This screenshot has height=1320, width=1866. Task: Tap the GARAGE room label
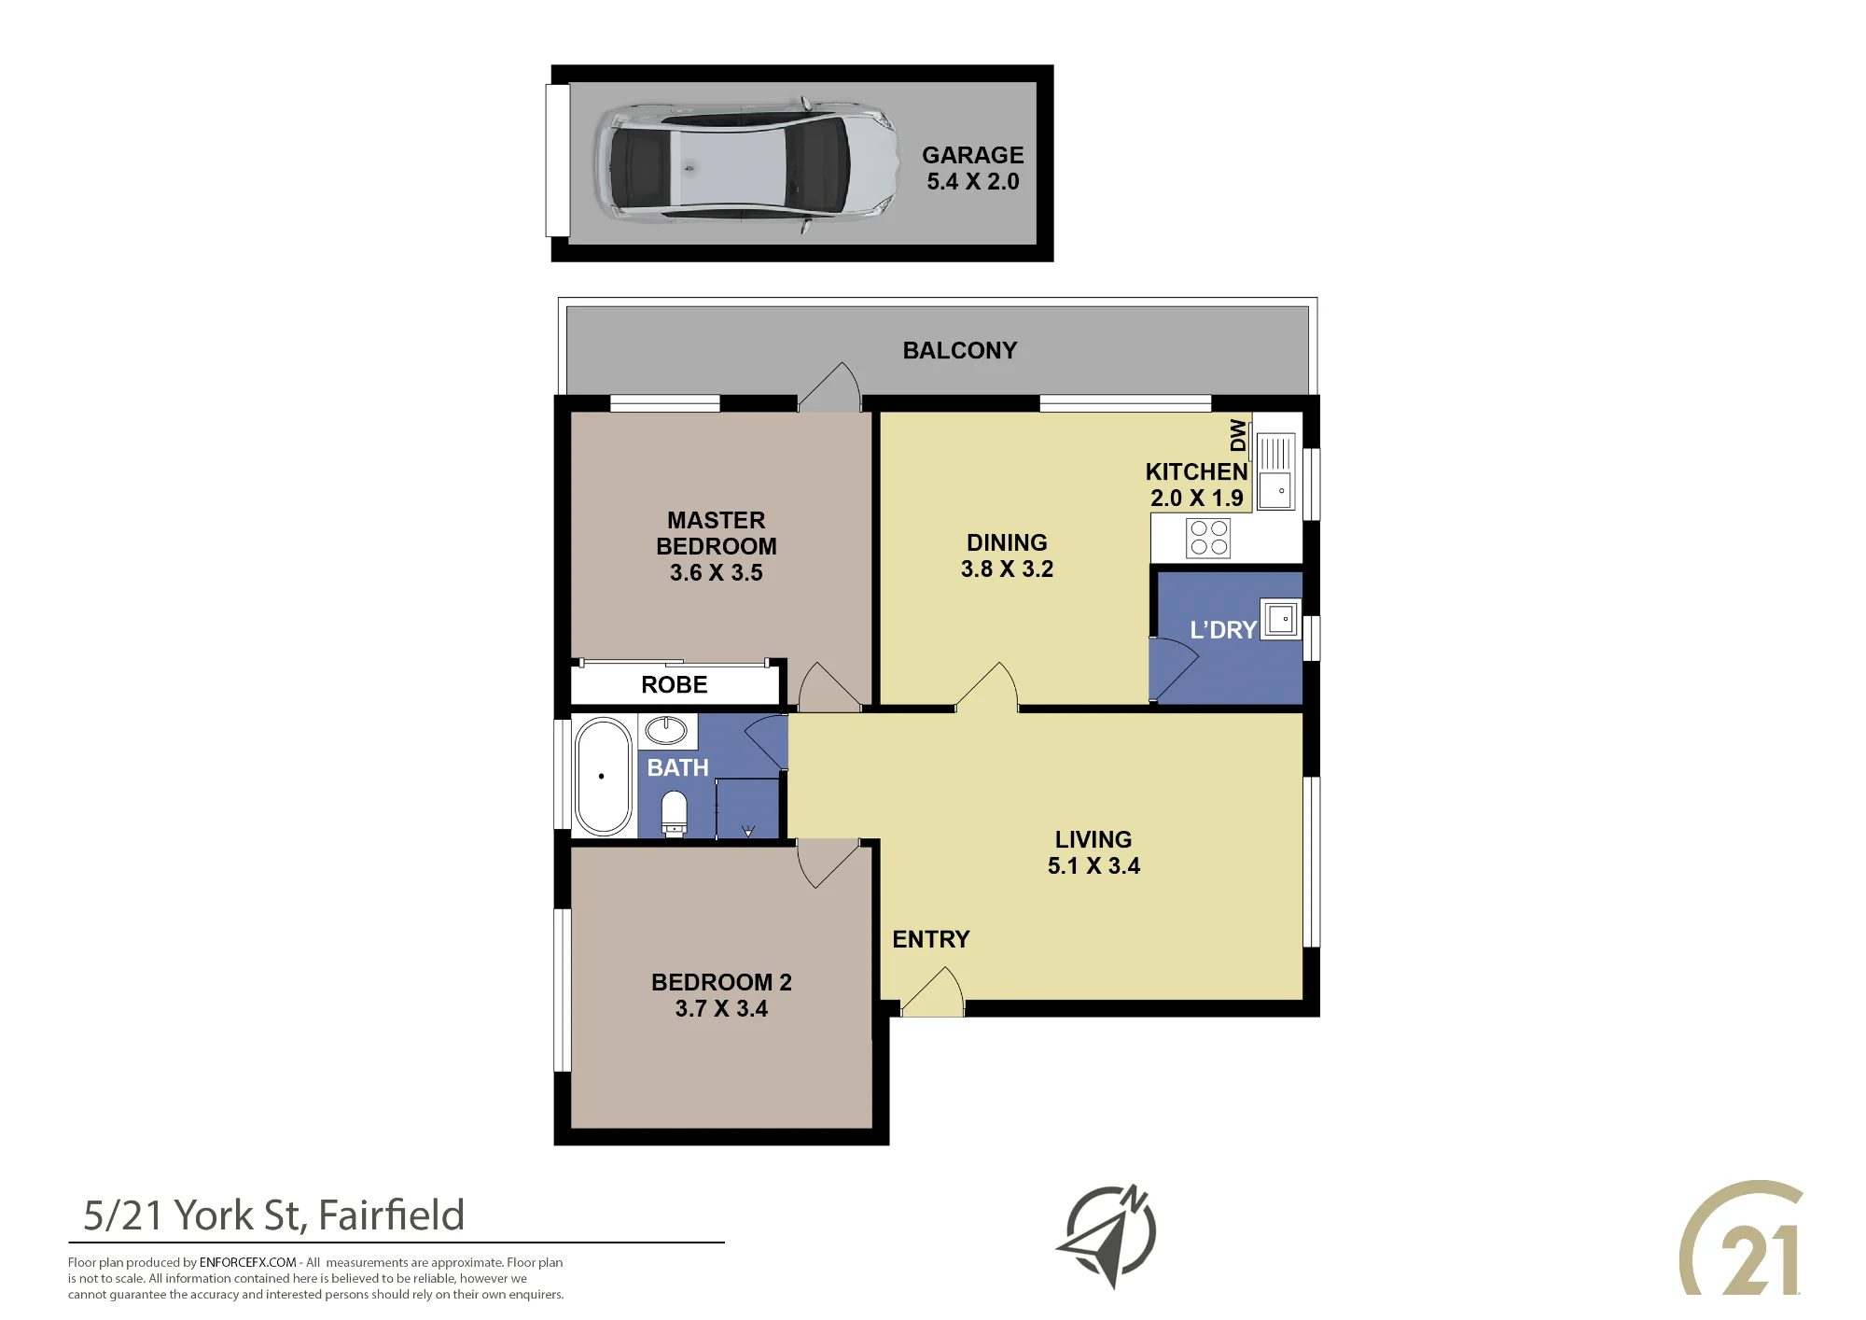coord(972,155)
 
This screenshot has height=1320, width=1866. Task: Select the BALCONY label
coord(960,350)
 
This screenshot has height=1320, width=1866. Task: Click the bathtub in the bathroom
coord(604,776)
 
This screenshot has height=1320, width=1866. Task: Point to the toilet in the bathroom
coord(674,813)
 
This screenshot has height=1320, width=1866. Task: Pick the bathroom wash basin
coord(666,730)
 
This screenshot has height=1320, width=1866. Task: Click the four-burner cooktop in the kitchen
coord(1208,538)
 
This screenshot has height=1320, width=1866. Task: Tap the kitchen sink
coord(1275,470)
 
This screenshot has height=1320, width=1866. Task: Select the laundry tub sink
coord(1280,619)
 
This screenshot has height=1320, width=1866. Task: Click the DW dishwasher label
coord(1237,435)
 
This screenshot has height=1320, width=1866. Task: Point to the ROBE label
coord(675,685)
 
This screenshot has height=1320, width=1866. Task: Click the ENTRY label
coord(931,939)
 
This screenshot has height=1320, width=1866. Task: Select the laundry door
coord(1173,668)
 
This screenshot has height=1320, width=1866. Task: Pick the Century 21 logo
coord(1741,1240)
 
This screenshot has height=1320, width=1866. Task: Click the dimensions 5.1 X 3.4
coord(1093,866)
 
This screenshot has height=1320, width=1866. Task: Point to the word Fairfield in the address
coord(391,1215)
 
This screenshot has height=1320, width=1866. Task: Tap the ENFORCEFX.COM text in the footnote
coord(247,1262)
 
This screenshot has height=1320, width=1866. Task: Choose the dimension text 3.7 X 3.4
coord(721,1009)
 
